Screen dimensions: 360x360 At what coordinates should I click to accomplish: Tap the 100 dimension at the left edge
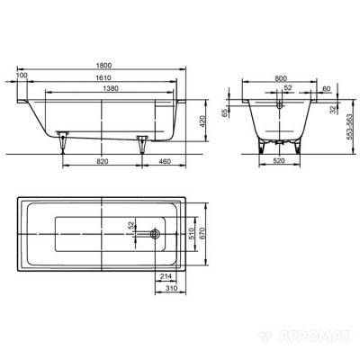point(22,77)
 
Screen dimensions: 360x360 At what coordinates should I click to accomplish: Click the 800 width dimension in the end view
point(283,77)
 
